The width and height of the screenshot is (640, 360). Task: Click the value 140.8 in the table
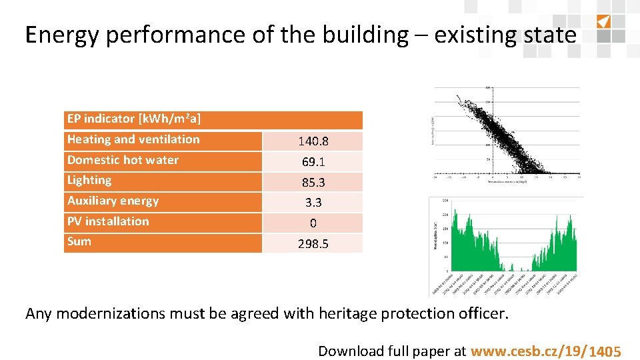coord(313,141)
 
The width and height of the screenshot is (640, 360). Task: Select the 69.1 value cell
coord(313,162)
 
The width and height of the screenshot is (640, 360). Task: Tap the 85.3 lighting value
coord(313,182)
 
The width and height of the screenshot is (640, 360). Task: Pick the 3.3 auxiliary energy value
coord(313,203)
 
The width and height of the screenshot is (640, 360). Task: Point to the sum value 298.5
coord(313,244)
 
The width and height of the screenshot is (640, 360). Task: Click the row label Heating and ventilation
coord(133,139)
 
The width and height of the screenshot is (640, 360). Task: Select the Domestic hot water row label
coord(123,160)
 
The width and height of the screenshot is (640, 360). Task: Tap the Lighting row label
coord(89,180)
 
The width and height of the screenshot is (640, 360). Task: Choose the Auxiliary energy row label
coord(113,201)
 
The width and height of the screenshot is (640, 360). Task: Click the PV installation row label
coord(108,221)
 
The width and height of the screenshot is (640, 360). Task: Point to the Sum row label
coord(79,241)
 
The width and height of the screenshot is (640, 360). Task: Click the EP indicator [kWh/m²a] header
coord(134,119)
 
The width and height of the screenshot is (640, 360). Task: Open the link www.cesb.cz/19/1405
coord(546,351)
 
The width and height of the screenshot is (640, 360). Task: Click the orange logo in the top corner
coord(603,21)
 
